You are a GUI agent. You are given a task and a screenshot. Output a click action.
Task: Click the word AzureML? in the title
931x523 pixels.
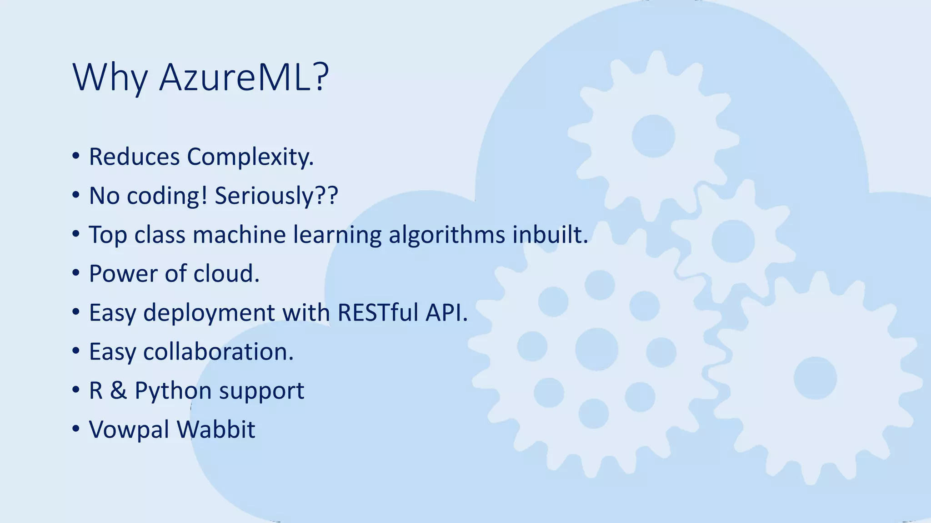(244, 78)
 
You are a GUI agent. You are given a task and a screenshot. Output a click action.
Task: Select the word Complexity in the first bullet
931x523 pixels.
(250, 157)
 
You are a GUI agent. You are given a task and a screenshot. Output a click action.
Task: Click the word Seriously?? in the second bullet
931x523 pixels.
(276, 196)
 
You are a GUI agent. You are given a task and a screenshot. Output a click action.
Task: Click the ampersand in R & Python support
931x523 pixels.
(118, 391)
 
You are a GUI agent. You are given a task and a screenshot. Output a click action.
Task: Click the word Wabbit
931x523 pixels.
(216, 429)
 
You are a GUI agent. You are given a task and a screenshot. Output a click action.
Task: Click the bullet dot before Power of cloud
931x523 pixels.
(76, 274)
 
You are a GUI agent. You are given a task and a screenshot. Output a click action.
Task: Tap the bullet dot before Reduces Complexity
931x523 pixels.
(76, 157)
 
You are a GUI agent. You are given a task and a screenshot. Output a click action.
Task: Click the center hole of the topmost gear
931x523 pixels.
(653, 136)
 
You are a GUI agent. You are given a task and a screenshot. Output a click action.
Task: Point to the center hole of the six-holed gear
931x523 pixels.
(596, 349)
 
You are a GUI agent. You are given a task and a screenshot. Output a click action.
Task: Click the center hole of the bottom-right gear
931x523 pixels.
(815, 378)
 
